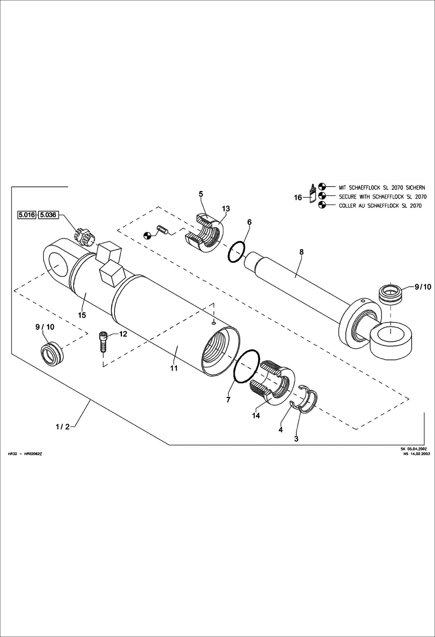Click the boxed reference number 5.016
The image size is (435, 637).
(27, 215)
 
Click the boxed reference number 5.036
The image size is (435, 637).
(48, 215)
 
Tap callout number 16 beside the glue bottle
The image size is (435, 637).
(298, 198)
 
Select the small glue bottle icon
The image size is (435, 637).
(313, 194)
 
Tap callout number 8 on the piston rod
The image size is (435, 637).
(301, 252)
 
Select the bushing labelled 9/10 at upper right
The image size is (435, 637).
(391, 294)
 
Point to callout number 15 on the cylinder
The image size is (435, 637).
(82, 315)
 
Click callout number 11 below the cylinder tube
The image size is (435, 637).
(174, 368)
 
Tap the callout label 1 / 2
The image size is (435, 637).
(63, 427)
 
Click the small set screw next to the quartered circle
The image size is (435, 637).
(163, 229)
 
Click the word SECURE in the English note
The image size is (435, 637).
(348, 197)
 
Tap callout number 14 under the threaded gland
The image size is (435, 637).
(256, 415)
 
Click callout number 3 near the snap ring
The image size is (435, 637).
(296, 439)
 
